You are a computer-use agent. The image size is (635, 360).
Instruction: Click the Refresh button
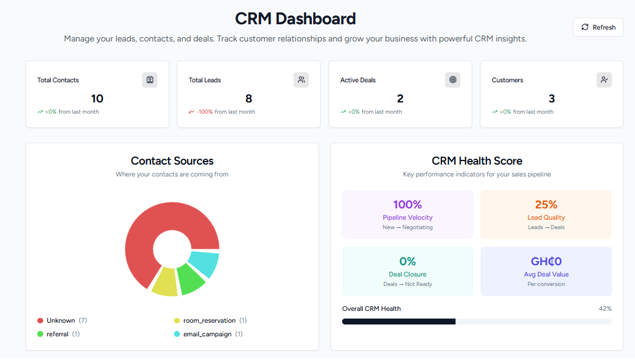click(598, 27)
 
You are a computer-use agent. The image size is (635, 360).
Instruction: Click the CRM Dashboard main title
click(295, 18)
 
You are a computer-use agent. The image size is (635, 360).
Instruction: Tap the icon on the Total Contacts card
click(150, 80)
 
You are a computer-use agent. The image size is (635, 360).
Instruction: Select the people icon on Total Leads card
click(301, 80)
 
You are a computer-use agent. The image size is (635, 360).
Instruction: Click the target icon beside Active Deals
click(453, 80)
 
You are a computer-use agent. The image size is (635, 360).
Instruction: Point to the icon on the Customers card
click(604, 80)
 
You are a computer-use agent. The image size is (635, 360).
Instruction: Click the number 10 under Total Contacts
click(97, 98)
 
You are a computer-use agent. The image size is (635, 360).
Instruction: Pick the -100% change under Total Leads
click(205, 112)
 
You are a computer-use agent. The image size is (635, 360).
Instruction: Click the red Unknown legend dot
click(40, 320)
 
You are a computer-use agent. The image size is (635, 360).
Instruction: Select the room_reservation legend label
click(209, 320)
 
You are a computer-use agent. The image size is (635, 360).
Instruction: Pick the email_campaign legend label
click(207, 334)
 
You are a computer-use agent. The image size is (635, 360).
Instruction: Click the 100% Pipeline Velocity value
click(407, 205)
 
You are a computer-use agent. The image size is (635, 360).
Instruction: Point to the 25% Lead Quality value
click(546, 205)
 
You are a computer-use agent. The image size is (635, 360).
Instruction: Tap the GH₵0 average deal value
click(546, 262)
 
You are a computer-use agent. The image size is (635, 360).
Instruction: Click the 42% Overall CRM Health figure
click(605, 308)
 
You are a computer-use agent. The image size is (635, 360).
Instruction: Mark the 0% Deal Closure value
click(407, 262)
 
